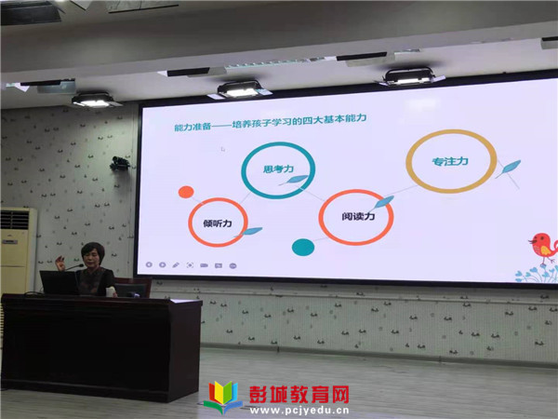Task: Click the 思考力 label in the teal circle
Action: tap(278, 169)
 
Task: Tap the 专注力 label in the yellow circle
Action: tap(450, 162)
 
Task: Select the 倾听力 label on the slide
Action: tap(218, 223)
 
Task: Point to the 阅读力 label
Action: tap(358, 216)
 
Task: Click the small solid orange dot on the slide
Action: tap(186, 192)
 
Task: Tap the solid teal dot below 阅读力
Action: tap(303, 248)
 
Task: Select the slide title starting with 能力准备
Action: tap(270, 122)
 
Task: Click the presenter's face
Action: tap(92, 258)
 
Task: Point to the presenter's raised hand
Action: tap(60, 263)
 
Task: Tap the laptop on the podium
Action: tap(59, 282)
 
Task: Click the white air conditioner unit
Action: tap(18, 250)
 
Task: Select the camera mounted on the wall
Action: tap(120, 164)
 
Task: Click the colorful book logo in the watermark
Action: tap(223, 397)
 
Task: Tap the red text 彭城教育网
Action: tap(299, 394)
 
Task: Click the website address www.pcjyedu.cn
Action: tap(299, 410)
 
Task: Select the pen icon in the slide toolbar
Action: tap(176, 264)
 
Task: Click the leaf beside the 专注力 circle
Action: tap(509, 168)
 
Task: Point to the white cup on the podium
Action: tap(111, 291)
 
